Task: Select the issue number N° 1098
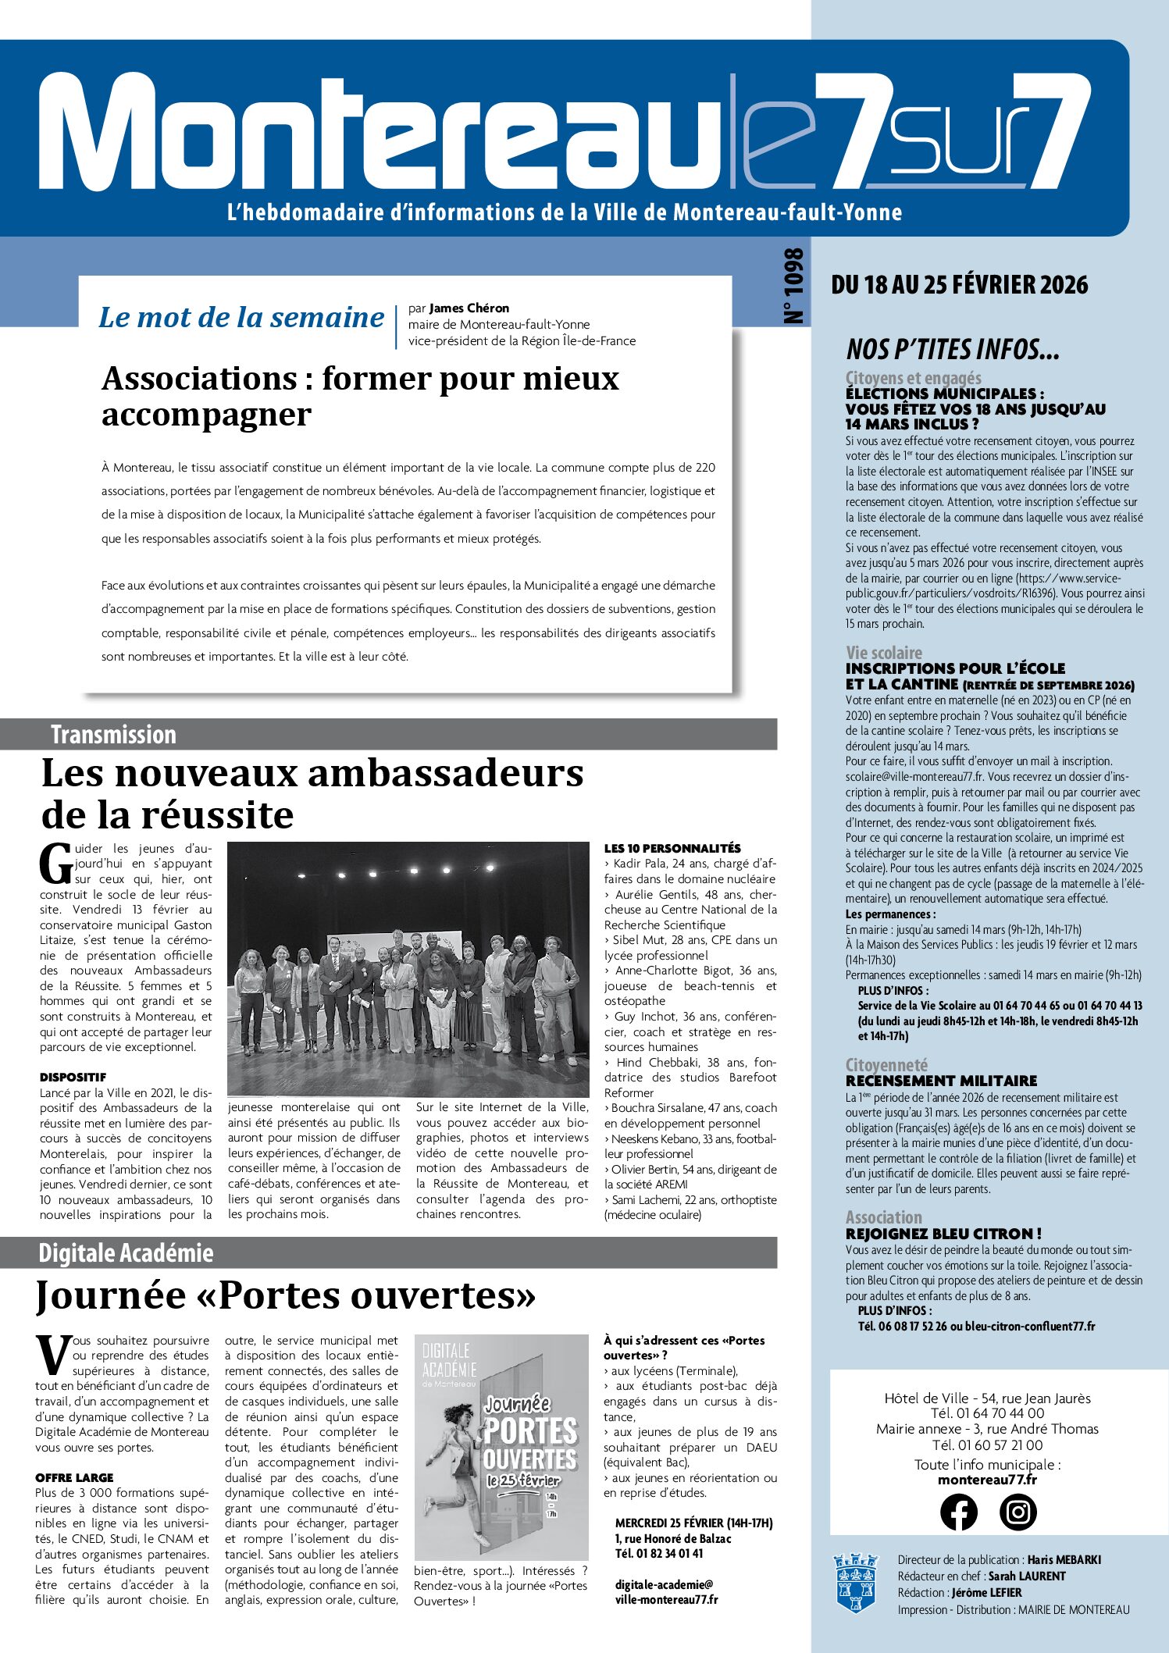point(793,286)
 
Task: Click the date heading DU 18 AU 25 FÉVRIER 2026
point(959,285)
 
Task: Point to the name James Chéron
point(469,308)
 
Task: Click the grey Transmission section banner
point(388,734)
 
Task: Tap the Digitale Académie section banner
point(388,1252)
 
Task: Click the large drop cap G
point(56,864)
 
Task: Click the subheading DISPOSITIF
point(73,1078)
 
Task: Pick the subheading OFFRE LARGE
point(74,1477)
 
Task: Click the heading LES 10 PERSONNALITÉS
point(672,848)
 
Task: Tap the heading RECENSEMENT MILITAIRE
point(941,1081)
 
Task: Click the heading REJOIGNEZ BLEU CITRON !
point(943,1234)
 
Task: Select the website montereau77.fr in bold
point(987,1480)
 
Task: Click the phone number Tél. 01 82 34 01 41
point(659,1553)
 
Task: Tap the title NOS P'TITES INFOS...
point(953,349)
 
